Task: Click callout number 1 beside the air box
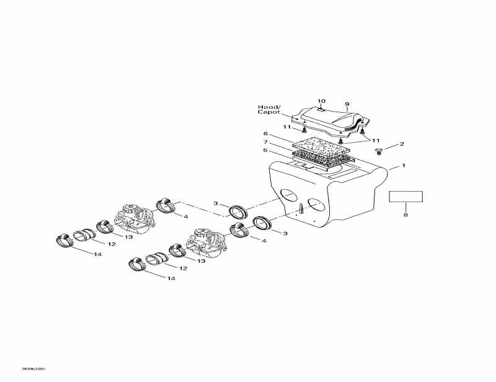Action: coord(403,166)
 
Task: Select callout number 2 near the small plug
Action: coord(402,144)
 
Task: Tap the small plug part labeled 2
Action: coord(379,151)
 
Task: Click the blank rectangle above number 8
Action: coord(405,197)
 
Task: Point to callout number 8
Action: coord(405,215)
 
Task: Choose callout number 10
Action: coord(321,100)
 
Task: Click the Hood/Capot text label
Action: coord(269,110)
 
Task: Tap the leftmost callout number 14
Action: coord(97,255)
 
